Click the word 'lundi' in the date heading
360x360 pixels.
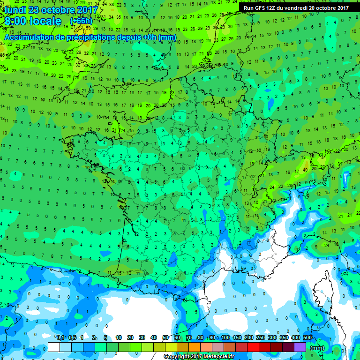[15, 10]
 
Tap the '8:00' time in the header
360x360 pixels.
[16, 22]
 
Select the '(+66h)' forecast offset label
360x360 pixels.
[81, 21]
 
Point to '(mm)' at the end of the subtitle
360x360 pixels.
[167, 37]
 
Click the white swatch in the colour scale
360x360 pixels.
[54, 347]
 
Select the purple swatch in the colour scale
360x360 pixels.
[300, 347]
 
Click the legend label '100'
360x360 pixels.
[225, 338]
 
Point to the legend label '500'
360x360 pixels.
[307, 338]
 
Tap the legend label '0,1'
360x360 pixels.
[60, 338]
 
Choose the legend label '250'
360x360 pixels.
[260, 338]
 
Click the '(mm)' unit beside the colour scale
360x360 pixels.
[317, 348]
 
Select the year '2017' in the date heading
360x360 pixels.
[85, 10]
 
